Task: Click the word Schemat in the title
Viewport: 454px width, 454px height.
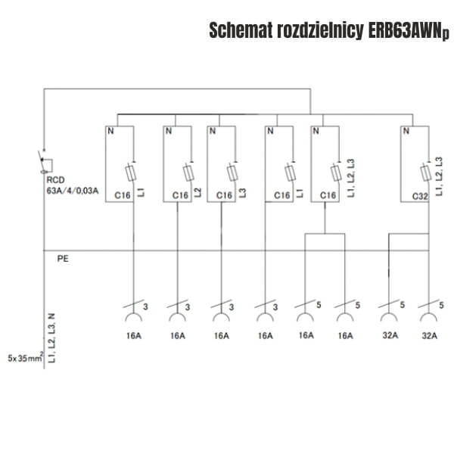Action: point(241,30)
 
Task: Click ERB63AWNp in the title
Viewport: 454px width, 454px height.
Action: point(409,31)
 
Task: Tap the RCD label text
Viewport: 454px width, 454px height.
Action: point(55,180)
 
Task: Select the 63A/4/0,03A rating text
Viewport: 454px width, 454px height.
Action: point(73,191)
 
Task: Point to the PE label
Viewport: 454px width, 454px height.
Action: point(63,259)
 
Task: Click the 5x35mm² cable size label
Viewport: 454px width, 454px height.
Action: point(26,358)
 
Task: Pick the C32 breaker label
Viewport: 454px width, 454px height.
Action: point(420,197)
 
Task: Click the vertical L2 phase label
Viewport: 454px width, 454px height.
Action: point(197,192)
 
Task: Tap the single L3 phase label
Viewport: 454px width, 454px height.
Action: point(242,193)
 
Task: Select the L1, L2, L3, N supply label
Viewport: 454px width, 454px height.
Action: point(51,338)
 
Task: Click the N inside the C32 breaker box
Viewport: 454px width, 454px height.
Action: point(406,131)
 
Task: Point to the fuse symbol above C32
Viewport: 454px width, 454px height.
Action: point(425,173)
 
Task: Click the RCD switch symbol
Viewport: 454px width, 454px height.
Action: point(45,163)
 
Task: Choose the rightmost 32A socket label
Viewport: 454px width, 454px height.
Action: point(429,336)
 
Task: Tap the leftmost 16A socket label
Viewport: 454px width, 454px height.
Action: point(134,336)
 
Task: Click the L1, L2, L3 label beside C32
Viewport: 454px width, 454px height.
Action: point(439,176)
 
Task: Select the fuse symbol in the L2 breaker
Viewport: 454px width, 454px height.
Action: point(188,173)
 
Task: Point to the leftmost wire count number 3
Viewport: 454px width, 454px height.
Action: point(145,306)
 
